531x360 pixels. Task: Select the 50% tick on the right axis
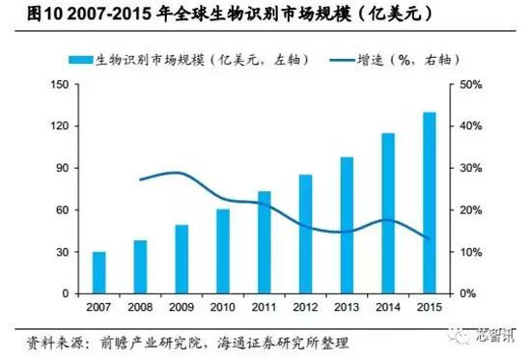tap(470, 85)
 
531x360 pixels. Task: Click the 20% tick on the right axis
tap(470, 210)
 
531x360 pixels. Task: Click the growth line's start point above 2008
tap(141, 180)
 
